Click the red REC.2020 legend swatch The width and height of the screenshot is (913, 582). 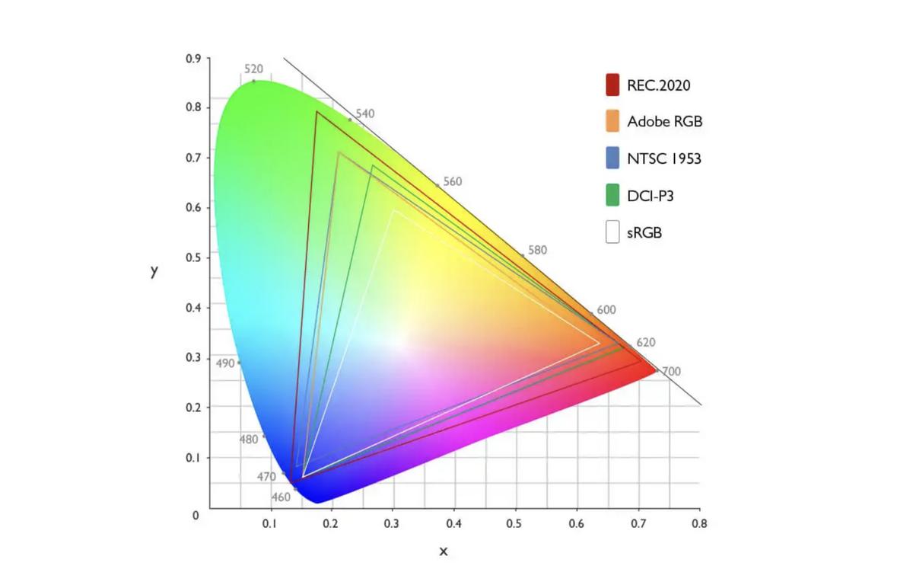pyautogui.click(x=612, y=85)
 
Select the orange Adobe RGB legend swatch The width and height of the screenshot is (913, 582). pyautogui.click(x=612, y=121)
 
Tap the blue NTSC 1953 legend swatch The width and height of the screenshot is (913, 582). pyautogui.click(x=612, y=158)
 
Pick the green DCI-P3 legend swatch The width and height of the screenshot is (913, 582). pyautogui.click(x=612, y=196)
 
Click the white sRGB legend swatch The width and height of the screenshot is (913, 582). pyautogui.click(x=612, y=232)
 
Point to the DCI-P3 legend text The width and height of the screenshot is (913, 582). pyautogui.click(x=651, y=196)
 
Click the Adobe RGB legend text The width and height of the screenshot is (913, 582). pyautogui.click(x=664, y=121)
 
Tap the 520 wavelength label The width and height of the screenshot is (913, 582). pyautogui.click(x=254, y=69)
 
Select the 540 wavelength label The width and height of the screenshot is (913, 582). pyautogui.click(x=365, y=114)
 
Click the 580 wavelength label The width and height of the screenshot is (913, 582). pyautogui.click(x=536, y=250)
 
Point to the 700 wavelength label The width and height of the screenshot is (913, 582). pyautogui.click(x=671, y=371)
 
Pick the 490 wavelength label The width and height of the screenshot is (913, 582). pyautogui.click(x=225, y=363)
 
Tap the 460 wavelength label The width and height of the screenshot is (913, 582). pyautogui.click(x=281, y=497)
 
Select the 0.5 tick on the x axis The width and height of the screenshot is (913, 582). pyautogui.click(x=516, y=524)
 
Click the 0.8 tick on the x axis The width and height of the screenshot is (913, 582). pyautogui.click(x=699, y=524)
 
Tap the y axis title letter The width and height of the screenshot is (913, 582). pyautogui.click(x=154, y=271)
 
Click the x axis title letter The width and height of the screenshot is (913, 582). pyautogui.click(x=444, y=551)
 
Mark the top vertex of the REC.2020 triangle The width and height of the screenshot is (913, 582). pyautogui.click(x=317, y=112)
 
